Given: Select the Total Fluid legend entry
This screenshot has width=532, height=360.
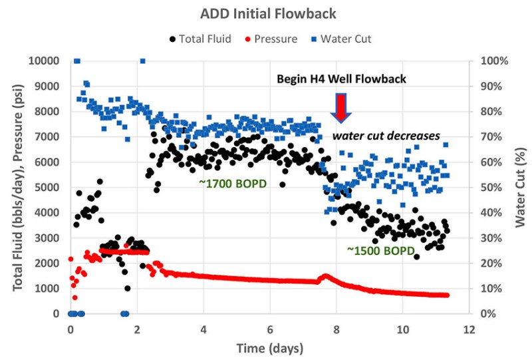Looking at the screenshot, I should tap(200, 39).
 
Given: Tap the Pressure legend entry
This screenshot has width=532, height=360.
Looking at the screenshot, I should tap(274, 39).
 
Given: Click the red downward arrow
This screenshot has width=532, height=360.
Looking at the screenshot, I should tap(341, 107).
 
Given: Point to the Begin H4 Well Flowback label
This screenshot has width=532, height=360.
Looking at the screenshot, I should tap(341, 79).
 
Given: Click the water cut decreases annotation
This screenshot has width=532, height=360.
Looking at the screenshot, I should tap(386, 136).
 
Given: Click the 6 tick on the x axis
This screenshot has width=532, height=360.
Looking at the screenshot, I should tap(269, 329).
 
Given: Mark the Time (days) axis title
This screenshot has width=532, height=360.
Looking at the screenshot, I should tap(269, 348).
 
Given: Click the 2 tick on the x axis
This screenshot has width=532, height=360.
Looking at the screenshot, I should tap(136, 329).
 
